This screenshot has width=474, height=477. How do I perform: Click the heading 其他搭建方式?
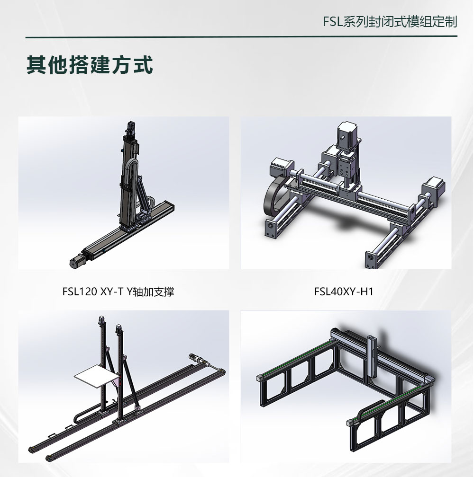90,64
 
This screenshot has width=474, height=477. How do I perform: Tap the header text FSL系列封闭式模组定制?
390,22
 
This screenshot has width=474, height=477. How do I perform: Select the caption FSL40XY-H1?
344,291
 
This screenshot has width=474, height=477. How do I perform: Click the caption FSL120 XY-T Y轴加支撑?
118,291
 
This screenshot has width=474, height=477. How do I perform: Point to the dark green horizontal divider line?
241,37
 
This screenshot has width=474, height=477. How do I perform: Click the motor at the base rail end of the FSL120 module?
78,260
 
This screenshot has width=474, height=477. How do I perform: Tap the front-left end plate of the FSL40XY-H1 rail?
269,229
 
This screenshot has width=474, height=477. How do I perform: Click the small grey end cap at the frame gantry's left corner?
260,377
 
